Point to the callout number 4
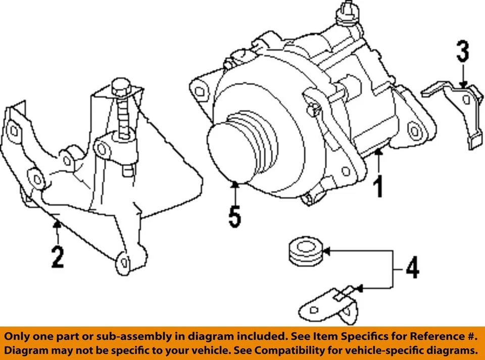[413, 268]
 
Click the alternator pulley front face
[227, 151]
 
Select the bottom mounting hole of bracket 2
[124, 262]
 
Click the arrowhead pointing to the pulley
[234, 185]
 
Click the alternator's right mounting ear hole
[415, 130]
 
